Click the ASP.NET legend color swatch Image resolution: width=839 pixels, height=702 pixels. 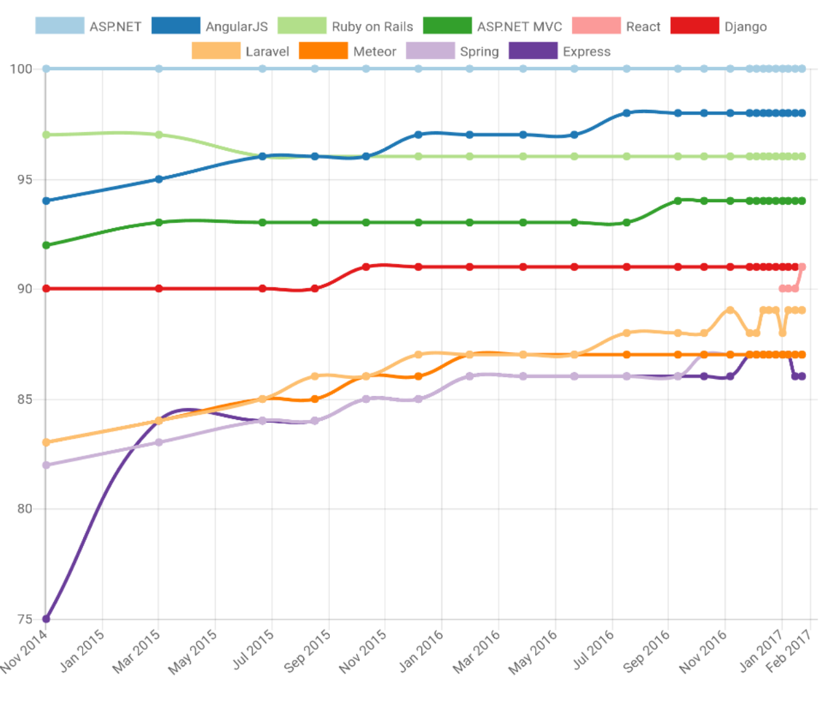tap(60, 26)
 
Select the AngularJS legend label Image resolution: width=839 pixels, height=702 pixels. tap(236, 27)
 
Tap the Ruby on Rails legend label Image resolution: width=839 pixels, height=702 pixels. tap(372, 27)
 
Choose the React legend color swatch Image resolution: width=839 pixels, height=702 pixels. tap(596, 26)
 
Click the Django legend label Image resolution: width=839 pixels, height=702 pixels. tap(745, 27)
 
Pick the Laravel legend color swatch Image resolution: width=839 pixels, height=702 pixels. tap(216, 51)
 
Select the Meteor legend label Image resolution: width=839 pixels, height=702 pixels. tap(375, 51)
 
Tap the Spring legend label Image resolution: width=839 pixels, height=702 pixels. tap(479, 51)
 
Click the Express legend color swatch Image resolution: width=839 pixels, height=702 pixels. tap(533, 51)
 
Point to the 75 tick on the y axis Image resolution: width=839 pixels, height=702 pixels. tap(25, 619)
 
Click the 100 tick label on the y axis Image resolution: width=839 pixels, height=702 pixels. tap(21, 69)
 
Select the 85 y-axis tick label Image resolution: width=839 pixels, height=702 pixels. tap(25, 399)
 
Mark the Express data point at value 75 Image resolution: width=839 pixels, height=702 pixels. tap(46, 619)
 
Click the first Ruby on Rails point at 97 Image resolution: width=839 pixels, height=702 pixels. tap(46, 135)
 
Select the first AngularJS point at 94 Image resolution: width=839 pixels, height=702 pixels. tap(46, 201)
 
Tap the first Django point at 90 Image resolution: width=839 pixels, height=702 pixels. tap(46, 289)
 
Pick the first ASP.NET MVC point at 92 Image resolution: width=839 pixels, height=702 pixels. tap(46, 245)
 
